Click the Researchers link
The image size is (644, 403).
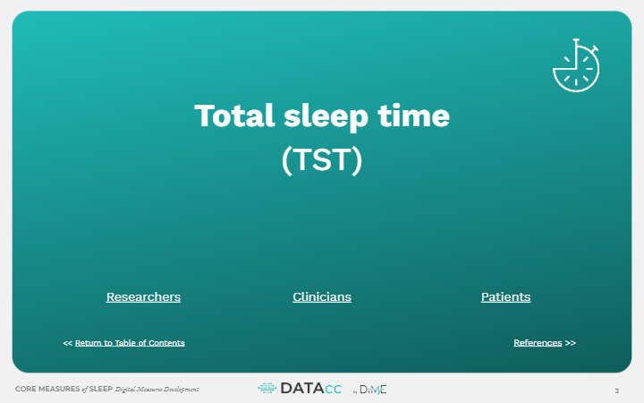pos(143,297)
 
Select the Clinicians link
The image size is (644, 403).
pos(322,297)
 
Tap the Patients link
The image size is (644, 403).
pos(505,297)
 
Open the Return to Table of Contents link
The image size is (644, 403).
pos(130,343)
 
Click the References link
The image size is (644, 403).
pos(538,343)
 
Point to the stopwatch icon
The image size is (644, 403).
pos(576,65)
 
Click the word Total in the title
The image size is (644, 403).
pos(234,116)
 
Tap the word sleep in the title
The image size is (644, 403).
pos(326,117)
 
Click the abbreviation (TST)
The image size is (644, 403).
pos(322,160)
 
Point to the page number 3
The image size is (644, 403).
pos(616,390)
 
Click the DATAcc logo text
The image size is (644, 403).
pos(311,389)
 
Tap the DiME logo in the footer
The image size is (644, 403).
pos(372,390)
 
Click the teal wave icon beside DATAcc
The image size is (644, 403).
pos(267,388)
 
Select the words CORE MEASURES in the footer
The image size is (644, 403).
pos(47,389)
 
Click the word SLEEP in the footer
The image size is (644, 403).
pos(101,389)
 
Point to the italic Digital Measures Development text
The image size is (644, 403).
pos(157,390)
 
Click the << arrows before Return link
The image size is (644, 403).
pos(68,343)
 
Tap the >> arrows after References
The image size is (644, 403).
pos(571,343)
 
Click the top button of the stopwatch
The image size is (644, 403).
pos(576,40)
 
